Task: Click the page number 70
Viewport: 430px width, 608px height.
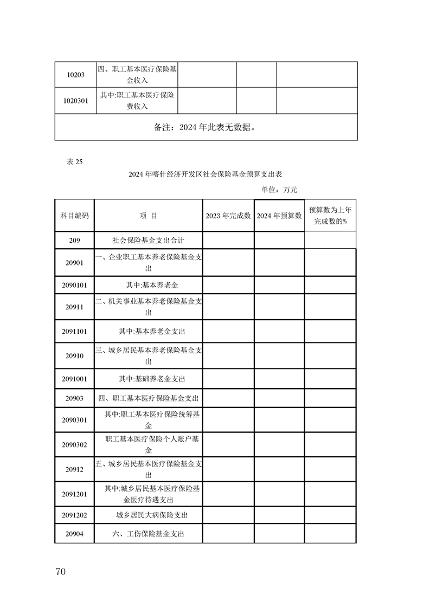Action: click(x=60, y=572)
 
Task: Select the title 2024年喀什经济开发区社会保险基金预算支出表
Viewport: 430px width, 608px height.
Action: click(x=206, y=174)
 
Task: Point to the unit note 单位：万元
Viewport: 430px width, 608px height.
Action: click(x=279, y=190)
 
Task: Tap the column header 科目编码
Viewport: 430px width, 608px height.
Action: click(x=74, y=215)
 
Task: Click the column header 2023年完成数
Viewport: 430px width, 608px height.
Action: click(x=228, y=215)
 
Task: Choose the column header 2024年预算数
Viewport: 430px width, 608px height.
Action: click(x=279, y=215)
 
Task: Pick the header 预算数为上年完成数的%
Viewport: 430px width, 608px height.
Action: click(x=330, y=215)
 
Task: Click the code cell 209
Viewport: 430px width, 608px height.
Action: click(x=74, y=240)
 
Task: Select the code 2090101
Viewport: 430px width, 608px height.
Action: click(x=74, y=284)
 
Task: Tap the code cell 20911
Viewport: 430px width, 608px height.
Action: click(x=74, y=307)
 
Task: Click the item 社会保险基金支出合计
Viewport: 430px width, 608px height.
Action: click(x=149, y=240)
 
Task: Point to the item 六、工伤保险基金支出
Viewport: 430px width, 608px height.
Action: click(x=149, y=534)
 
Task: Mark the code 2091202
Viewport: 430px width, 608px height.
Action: click(x=74, y=515)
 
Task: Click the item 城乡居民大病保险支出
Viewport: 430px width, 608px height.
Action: click(x=149, y=515)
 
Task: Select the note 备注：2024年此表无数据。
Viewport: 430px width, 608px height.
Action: click(x=206, y=127)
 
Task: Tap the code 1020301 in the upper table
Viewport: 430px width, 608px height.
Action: click(x=75, y=101)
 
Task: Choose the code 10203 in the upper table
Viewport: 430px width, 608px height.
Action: click(x=75, y=75)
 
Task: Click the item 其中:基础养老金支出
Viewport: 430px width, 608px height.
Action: click(x=149, y=379)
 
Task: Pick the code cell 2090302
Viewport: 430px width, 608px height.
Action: click(x=74, y=444)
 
